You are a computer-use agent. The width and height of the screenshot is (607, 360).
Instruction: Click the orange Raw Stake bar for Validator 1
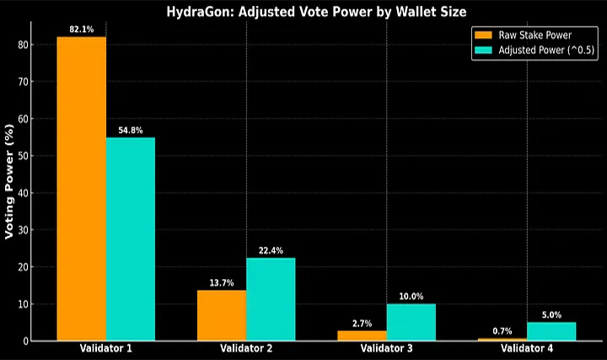click(82, 189)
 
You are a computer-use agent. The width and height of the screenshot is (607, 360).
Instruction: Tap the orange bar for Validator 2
click(222, 315)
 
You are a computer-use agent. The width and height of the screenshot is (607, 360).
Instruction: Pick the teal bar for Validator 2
click(271, 299)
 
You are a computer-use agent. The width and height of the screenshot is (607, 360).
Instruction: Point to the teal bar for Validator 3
click(411, 322)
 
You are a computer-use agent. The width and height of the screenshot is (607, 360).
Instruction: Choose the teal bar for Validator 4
click(551, 331)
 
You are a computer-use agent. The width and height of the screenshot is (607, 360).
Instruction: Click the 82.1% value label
click(82, 30)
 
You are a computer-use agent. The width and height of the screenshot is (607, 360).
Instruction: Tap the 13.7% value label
click(222, 282)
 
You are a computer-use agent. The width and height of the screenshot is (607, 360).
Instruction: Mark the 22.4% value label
click(271, 250)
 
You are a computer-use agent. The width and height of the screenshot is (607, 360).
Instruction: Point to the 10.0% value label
click(411, 296)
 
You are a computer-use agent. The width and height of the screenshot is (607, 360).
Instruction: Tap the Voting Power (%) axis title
click(10, 182)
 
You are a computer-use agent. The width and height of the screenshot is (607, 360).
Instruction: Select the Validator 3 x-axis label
click(387, 348)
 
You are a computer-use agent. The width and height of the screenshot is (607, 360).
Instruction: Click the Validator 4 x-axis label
click(527, 348)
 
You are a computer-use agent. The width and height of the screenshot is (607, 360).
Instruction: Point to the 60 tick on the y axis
click(31, 119)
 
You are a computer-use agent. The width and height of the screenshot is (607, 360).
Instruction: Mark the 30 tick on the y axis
click(31, 230)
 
